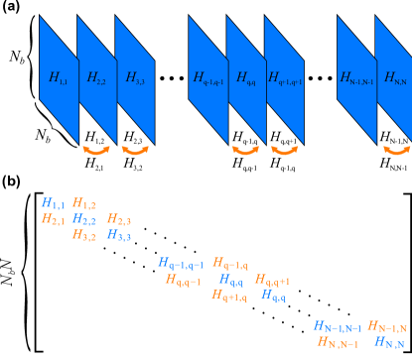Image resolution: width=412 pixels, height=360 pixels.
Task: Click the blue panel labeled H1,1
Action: (x=58, y=76)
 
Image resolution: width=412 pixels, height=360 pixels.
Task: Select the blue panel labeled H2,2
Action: (x=96, y=77)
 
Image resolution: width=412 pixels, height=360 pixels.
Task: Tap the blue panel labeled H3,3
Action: (x=135, y=77)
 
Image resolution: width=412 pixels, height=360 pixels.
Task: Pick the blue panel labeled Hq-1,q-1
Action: (x=207, y=77)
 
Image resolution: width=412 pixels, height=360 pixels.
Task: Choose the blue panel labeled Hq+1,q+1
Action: (x=284, y=77)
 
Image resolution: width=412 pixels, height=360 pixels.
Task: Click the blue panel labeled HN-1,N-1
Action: (x=356, y=77)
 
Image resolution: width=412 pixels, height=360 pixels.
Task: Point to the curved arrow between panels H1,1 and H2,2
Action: (x=96, y=151)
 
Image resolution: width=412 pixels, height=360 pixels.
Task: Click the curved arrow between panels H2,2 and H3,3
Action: (x=135, y=151)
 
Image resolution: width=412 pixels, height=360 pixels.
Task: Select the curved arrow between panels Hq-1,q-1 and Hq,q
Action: (x=245, y=151)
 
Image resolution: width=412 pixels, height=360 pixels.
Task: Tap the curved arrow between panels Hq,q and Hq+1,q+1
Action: (x=284, y=151)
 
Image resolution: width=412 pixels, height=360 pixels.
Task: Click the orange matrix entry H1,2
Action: (x=84, y=203)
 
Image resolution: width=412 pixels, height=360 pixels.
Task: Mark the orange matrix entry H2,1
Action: (x=53, y=219)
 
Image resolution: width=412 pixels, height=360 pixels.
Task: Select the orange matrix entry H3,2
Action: (x=84, y=235)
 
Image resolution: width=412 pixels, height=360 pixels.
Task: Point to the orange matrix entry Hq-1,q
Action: (x=230, y=263)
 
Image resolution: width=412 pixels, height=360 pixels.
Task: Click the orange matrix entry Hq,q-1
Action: (x=183, y=280)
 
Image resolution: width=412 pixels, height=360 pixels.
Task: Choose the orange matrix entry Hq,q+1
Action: (x=272, y=280)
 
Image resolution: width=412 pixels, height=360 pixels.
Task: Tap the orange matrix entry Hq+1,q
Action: (x=229, y=296)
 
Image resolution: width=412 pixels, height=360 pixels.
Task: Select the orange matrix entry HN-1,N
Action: (x=387, y=326)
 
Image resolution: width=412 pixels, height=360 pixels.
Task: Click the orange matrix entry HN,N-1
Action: (x=339, y=342)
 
